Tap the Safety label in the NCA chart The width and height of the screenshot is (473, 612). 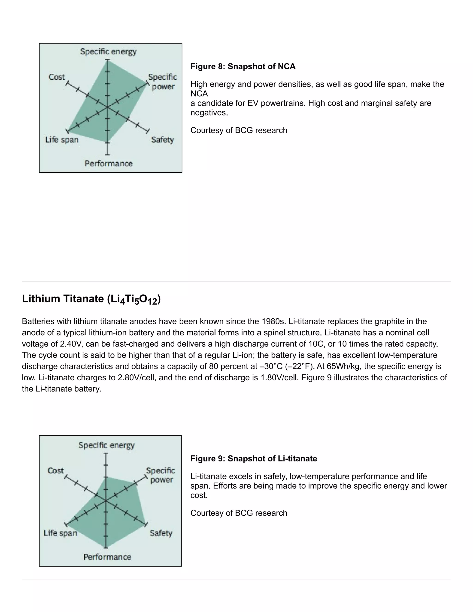[163, 139]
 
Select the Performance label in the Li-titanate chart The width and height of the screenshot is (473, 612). [107, 557]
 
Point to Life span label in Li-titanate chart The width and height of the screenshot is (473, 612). [61, 533]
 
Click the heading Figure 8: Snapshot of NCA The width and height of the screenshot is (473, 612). [243, 67]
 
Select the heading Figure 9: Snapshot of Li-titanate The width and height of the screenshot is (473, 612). [254, 458]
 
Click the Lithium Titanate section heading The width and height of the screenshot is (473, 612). [91, 299]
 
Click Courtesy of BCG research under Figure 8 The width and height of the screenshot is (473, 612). [239, 130]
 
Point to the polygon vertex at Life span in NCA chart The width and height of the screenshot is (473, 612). [68, 130]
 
